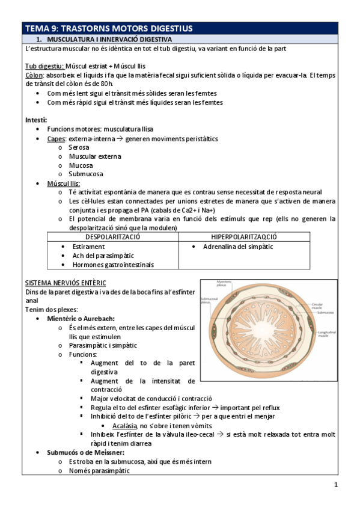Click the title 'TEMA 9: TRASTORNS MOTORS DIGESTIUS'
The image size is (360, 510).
(108, 28)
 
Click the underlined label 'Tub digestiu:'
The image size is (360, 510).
(44, 66)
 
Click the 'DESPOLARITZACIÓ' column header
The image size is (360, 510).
(113, 238)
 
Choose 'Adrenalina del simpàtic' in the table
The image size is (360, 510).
(237, 247)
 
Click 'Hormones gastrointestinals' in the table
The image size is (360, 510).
(112, 265)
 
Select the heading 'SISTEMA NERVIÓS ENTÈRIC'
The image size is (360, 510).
(66, 282)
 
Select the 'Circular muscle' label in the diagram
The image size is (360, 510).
(318, 306)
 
